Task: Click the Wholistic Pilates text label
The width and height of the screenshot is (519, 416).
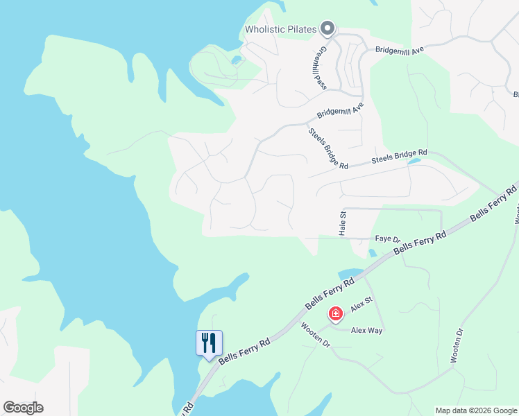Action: [x=281, y=29]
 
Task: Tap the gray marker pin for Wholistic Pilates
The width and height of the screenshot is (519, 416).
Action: [x=327, y=28]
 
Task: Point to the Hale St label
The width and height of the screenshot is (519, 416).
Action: [x=342, y=224]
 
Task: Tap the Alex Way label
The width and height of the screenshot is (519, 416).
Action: [x=366, y=331]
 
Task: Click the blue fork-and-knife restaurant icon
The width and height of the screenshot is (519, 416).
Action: [x=209, y=343]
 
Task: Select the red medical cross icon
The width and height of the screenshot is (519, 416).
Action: [x=336, y=315]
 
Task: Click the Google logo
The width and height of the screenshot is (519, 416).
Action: [x=23, y=408]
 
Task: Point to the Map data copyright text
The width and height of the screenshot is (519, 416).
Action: [x=476, y=410]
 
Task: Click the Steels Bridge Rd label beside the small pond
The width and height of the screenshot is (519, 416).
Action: [x=399, y=157]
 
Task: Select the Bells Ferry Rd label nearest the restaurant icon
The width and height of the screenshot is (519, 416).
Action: [x=244, y=352]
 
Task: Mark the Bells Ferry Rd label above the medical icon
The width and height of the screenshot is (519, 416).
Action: [x=330, y=294]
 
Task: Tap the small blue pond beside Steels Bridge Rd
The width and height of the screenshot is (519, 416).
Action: [x=414, y=162]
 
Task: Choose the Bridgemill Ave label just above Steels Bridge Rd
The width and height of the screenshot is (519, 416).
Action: [x=341, y=110]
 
